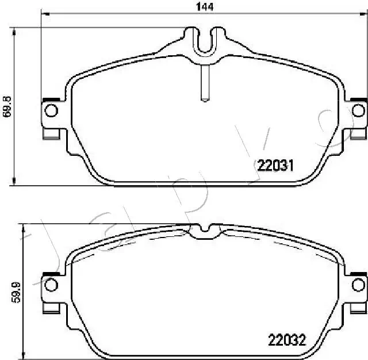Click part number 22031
[275, 166]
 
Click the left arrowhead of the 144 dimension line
[44, 14]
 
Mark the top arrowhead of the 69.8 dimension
[13, 29]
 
